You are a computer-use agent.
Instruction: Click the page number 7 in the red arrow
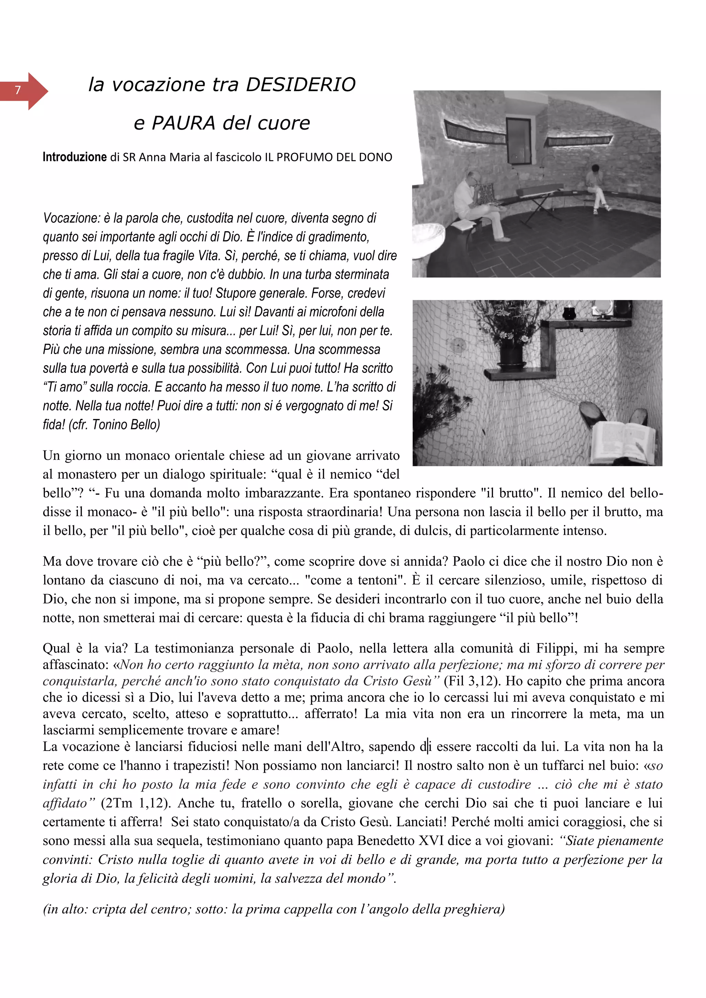click(18, 90)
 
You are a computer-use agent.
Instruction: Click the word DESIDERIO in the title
click(301, 84)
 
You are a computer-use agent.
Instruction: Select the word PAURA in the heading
click(183, 123)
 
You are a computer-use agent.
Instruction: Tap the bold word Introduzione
click(74, 157)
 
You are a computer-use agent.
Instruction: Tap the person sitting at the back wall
click(596, 187)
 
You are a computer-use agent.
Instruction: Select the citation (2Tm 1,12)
click(134, 803)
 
